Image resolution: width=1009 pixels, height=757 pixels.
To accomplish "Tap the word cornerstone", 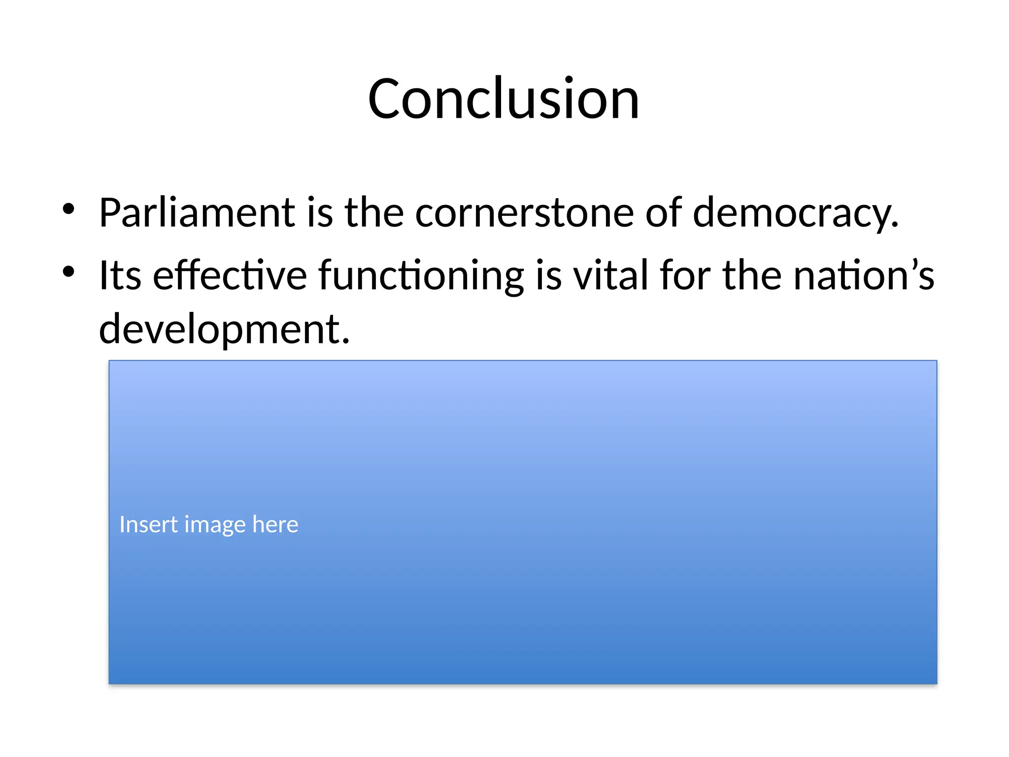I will click(525, 213).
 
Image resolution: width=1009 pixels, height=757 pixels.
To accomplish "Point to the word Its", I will click(120, 275).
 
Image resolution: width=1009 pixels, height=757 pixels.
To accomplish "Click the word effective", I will click(230, 275).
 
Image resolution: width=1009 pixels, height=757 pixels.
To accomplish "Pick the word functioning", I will click(421, 276).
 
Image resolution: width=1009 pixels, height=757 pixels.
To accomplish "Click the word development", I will click(219, 329).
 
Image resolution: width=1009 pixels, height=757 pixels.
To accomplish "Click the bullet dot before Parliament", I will click(68, 209).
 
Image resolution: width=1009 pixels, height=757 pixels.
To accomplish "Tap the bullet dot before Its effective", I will click(68, 272).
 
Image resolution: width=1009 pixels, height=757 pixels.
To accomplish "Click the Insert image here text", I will click(209, 524).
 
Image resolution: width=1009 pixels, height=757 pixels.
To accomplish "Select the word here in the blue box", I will click(275, 524).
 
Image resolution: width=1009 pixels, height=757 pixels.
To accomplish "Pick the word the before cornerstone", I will click(374, 213).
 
